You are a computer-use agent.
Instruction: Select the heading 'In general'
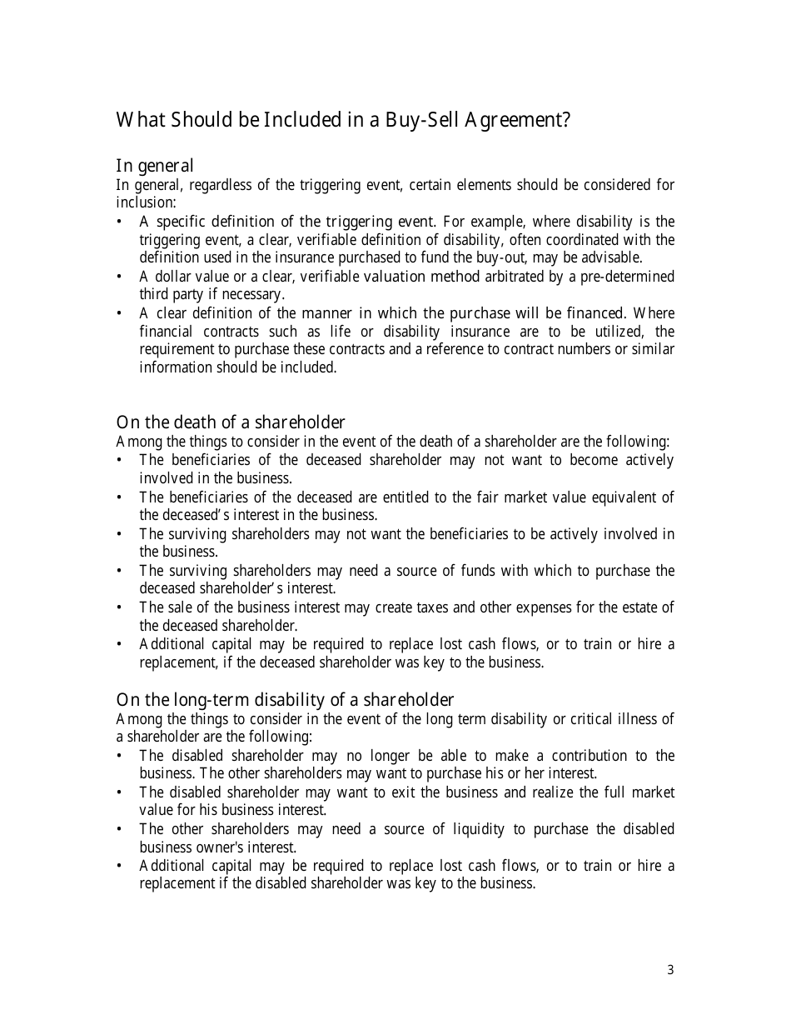tap(155, 166)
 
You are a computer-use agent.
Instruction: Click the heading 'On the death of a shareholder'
tap(231, 422)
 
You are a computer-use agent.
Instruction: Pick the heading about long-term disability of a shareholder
tap(285, 700)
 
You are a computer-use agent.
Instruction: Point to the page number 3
tap(670, 970)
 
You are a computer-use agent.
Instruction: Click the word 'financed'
tap(594, 313)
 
